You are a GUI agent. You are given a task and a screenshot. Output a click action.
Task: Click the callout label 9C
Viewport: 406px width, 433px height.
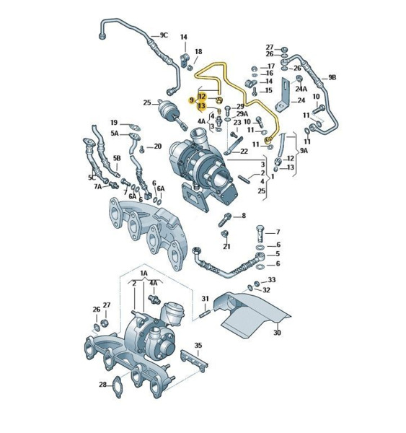tap(164, 35)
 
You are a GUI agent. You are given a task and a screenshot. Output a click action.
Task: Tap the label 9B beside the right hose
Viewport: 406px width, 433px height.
tap(332, 78)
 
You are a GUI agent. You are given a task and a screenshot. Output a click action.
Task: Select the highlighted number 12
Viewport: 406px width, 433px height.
tap(202, 97)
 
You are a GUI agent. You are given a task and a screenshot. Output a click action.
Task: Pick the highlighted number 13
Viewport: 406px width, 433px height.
tap(202, 106)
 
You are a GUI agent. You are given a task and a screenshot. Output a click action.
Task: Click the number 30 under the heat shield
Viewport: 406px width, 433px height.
tap(277, 333)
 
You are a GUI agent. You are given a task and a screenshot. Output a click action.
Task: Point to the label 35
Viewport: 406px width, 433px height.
tap(198, 345)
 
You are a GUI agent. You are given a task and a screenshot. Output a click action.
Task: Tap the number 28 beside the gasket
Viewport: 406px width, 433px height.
tap(102, 385)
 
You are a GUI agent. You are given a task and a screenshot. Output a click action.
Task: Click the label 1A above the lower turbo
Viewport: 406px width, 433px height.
tap(144, 273)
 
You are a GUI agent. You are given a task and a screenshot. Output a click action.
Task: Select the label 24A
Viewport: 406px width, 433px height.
tap(301, 89)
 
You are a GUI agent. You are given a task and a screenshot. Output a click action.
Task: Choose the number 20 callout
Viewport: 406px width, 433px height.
tap(158, 146)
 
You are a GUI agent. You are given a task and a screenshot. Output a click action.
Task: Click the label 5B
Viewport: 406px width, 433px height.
tap(117, 158)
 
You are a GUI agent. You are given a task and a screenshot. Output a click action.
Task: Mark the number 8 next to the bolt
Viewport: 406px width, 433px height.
tap(244, 215)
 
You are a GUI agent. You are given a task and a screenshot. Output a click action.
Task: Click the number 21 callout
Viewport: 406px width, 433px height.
tap(226, 246)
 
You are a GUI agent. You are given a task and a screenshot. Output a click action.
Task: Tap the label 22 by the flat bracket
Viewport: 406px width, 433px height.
tap(244, 152)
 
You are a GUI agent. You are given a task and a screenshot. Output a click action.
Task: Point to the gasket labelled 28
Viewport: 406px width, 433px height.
tap(118, 387)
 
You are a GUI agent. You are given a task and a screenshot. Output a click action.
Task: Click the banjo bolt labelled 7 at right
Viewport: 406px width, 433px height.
tap(260, 234)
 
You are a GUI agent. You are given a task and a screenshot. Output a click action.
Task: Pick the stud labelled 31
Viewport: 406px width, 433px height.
tap(206, 314)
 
